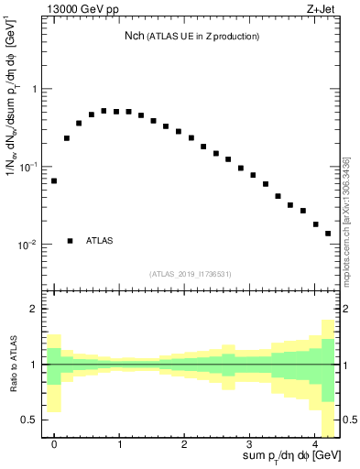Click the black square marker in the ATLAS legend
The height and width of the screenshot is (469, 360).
point(71,241)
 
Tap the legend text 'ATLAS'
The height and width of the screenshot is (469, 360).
point(100,241)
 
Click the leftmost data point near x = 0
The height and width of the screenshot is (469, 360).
point(54,180)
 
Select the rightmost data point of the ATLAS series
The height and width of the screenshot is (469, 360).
point(328,234)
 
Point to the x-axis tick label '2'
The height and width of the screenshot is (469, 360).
point(184,442)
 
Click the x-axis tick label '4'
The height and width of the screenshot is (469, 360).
point(314,442)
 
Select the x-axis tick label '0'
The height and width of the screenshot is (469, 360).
point(54,442)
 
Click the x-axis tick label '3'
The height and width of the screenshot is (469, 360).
point(249,442)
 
